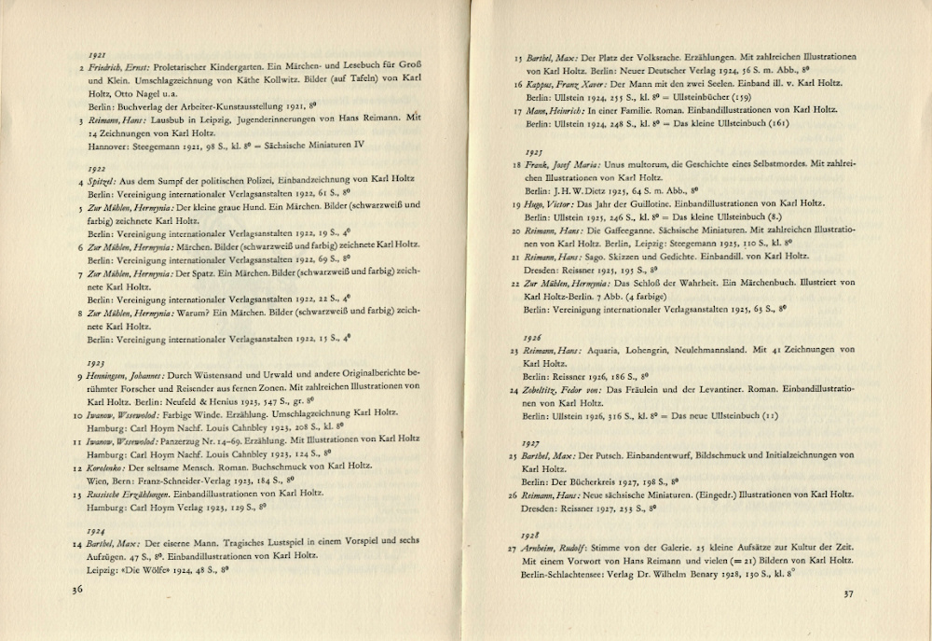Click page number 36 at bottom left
(78, 589)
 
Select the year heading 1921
(95, 56)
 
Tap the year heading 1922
(95, 167)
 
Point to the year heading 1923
(95, 362)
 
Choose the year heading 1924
(94, 529)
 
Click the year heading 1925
(534, 150)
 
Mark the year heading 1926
(533, 336)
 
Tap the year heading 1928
(532, 535)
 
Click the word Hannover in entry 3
(109, 146)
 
